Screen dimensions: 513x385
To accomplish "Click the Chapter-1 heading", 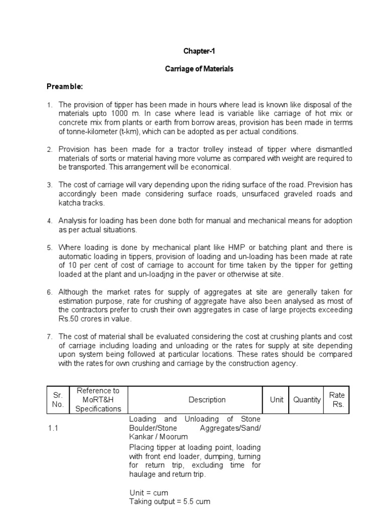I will coord(200,51).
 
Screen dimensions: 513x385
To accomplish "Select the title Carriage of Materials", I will coord(200,69).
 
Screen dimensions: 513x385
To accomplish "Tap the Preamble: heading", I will coord(65,87).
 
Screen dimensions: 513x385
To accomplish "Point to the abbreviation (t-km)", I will coord(129,132).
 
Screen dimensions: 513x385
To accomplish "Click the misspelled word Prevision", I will coord(316,185).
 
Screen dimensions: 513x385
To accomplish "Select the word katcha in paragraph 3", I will coord(71,203).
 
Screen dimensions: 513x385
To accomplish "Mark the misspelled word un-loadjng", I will coord(201,275).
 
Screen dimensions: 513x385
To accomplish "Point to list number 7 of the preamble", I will coord(50,337).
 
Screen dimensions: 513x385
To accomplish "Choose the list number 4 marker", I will coord(50,221).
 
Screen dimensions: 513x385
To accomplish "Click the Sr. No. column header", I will coord(59,400).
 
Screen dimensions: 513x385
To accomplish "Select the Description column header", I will coord(207,400).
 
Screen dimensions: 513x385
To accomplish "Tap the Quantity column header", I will coord(307,400).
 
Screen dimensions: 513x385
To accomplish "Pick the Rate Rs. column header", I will coord(337,400).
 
